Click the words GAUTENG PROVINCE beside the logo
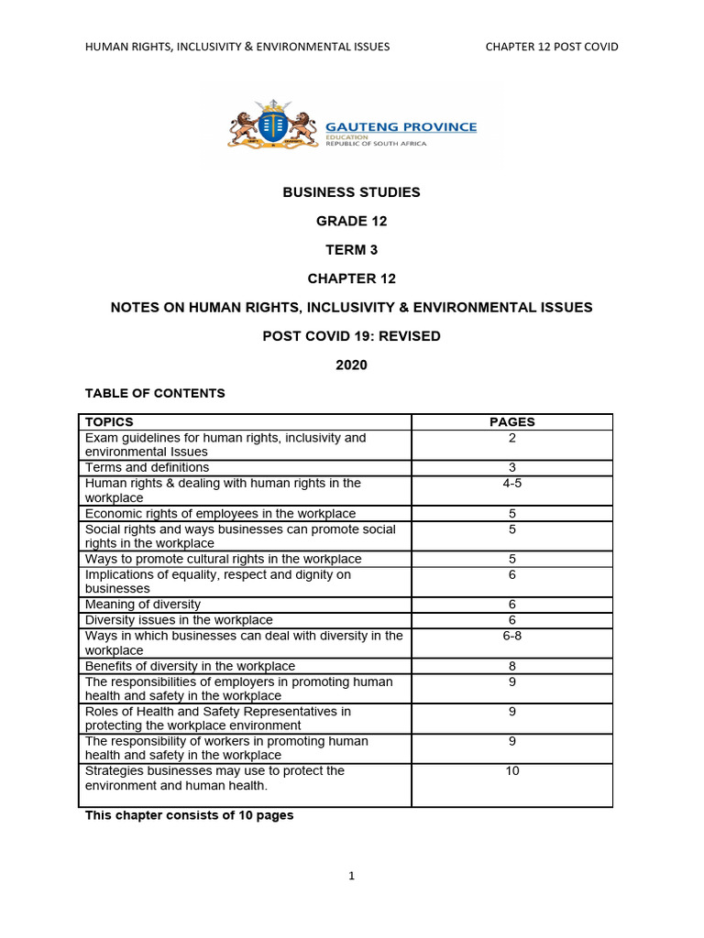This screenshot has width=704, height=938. coord(401,126)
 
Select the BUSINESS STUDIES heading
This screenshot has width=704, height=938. coord(351,192)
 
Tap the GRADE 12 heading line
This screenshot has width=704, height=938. coord(351,221)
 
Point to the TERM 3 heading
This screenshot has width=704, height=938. coord(351,249)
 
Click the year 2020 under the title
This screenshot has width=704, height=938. coord(351,365)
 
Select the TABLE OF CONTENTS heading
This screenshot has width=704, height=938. coord(155,393)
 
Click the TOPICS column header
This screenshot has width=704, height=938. coord(109,422)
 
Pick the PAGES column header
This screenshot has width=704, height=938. coord(511,422)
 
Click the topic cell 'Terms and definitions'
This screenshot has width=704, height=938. coord(147,467)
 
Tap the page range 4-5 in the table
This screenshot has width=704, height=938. coord(511,483)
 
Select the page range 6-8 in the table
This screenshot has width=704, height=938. coord(511,636)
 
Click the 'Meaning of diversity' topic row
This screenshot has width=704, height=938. coord(142,605)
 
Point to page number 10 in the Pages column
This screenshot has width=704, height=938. coord(511,771)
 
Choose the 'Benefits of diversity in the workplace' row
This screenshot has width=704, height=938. coord(190,666)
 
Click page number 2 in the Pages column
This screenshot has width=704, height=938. coord(511,438)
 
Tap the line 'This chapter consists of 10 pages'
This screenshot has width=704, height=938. coord(190,815)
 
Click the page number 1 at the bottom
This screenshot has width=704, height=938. coord(351,876)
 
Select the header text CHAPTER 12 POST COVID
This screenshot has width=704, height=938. coord(552,47)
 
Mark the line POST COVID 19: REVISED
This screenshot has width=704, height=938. coord(351,336)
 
